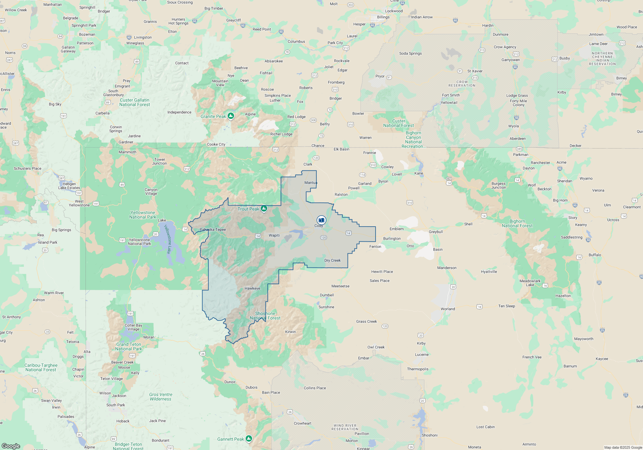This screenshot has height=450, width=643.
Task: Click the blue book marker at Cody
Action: pyautogui.click(x=321, y=220)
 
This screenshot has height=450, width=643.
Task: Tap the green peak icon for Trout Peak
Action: pyautogui.click(x=264, y=209)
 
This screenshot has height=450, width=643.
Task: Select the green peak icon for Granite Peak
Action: pyautogui.click(x=231, y=116)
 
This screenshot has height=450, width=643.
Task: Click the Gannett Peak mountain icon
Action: pyautogui.click(x=249, y=438)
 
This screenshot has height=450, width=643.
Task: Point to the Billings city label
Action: pyautogui.click(x=383, y=17)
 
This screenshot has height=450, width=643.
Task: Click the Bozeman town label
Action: pyautogui.click(x=87, y=34)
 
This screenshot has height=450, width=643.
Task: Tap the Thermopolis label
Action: pyautogui.click(x=418, y=369)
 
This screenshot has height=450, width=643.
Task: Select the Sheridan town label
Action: pyautogui.click(x=565, y=181)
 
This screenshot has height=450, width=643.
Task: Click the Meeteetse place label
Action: pyautogui.click(x=340, y=286)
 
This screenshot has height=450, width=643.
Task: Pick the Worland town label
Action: pyautogui.click(x=448, y=309)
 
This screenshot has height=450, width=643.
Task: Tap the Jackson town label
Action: pyautogui.click(x=119, y=396)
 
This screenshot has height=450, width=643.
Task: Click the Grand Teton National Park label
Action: pyautogui.click(x=129, y=346)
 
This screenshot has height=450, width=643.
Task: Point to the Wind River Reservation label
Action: pyautogui.click(x=345, y=427)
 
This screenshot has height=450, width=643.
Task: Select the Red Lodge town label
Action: pyautogui.click(x=296, y=117)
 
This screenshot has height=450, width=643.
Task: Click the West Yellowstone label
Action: pyautogui.click(x=79, y=203)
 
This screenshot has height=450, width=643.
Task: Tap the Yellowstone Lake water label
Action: pyautogui.click(x=168, y=239)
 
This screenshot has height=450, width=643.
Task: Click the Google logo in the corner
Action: pyautogui.click(x=11, y=446)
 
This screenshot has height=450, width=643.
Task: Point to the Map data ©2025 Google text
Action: pyautogui.click(x=623, y=447)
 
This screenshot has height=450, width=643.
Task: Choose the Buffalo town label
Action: pyautogui.click(x=595, y=255)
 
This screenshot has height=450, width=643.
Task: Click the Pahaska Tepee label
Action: pyautogui.click(x=213, y=230)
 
